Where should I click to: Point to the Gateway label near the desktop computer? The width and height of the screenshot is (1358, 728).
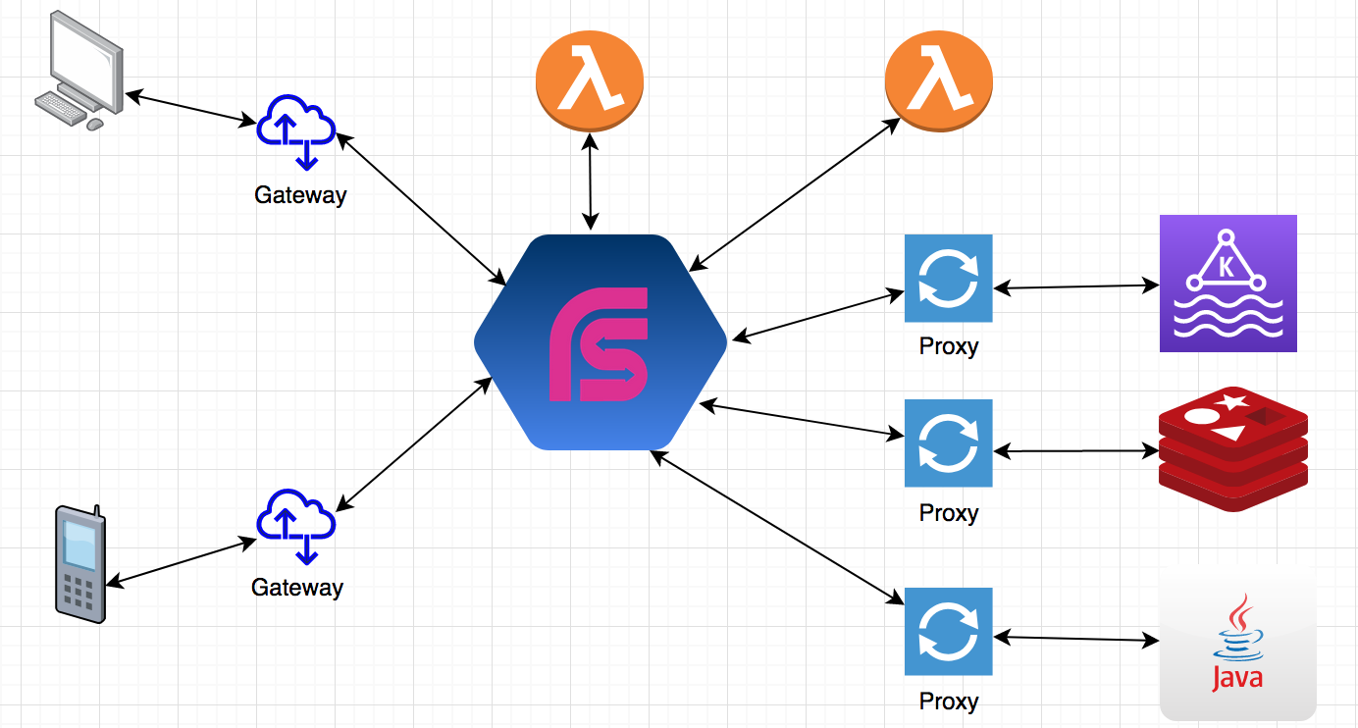click(x=300, y=195)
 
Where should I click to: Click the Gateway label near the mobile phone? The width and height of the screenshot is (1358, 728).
click(x=297, y=588)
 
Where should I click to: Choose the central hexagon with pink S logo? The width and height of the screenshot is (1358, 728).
click(x=601, y=342)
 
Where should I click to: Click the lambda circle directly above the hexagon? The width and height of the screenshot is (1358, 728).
click(x=589, y=83)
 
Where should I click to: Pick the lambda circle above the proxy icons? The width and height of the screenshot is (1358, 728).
click(x=938, y=83)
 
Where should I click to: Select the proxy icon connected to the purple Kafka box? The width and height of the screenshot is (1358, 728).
click(x=948, y=279)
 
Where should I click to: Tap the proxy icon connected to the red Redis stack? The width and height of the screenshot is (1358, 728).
click(x=948, y=443)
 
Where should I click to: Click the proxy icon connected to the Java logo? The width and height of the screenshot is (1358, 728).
click(x=948, y=632)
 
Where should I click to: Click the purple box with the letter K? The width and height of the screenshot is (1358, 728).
click(x=1227, y=284)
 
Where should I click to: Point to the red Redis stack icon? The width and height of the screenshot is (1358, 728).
click(x=1233, y=449)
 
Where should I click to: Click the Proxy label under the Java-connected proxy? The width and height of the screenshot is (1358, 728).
click(x=949, y=702)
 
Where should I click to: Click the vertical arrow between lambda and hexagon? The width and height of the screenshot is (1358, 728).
click(x=590, y=182)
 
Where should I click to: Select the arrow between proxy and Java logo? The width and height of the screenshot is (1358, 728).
click(x=1075, y=640)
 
